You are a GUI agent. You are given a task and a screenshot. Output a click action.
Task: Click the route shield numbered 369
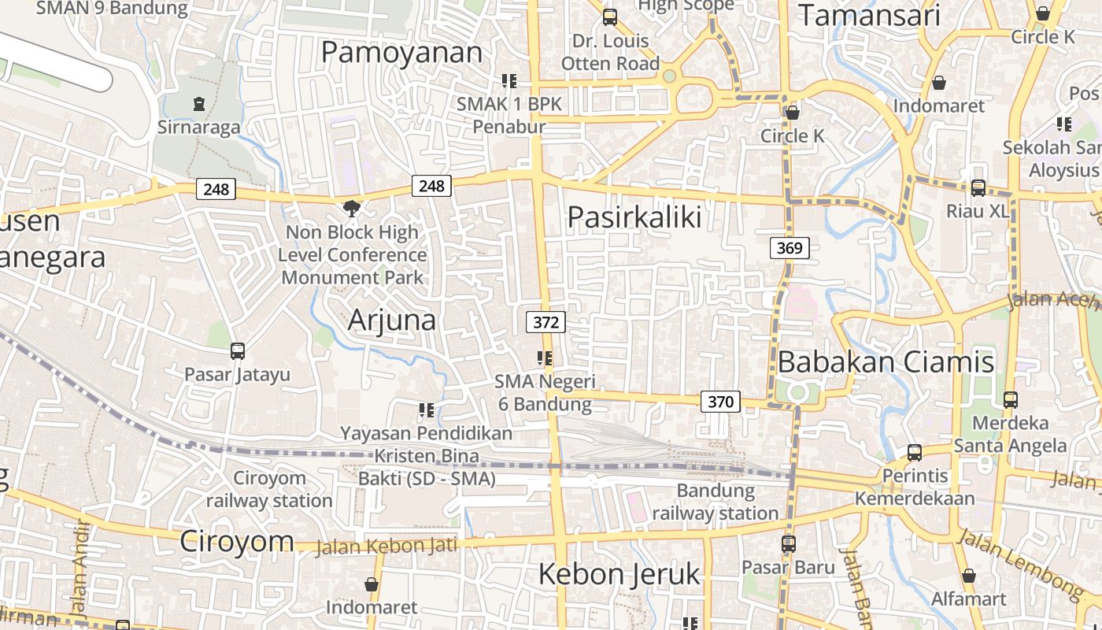click(789, 249)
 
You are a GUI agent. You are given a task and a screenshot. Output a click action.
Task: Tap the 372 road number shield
click(545, 322)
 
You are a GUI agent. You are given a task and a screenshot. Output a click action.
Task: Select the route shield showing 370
click(720, 402)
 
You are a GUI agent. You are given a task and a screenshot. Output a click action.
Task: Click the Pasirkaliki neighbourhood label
click(634, 217)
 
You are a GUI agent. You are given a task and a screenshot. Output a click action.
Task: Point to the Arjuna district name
click(391, 320)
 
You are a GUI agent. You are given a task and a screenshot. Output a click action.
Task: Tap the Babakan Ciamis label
click(886, 361)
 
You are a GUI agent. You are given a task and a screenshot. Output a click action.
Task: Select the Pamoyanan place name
click(401, 52)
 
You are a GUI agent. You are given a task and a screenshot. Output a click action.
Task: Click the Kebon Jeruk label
click(619, 574)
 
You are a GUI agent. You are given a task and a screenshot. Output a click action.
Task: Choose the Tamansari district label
click(870, 15)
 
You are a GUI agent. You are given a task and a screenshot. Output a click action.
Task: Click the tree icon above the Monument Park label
click(352, 209)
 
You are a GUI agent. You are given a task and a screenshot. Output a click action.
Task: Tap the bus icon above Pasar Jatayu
click(238, 351)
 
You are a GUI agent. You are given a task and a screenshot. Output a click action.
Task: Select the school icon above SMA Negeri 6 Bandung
click(544, 358)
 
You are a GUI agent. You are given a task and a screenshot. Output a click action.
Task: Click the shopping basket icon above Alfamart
click(969, 576)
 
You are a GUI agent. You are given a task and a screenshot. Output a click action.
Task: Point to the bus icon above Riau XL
click(978, 188)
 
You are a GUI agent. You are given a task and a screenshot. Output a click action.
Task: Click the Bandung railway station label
click(716, 502)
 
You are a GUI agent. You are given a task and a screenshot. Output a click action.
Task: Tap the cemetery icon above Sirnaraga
click(198, 103)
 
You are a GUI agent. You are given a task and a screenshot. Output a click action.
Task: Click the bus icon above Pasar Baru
click(788, 543)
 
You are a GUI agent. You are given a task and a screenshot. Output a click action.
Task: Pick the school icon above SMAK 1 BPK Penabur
click(509, 80)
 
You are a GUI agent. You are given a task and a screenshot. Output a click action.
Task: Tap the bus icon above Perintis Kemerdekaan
click(915, 453)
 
